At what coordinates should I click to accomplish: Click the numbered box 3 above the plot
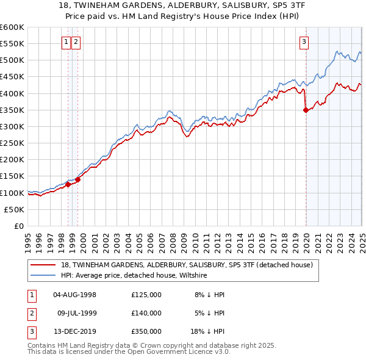pos(304,42)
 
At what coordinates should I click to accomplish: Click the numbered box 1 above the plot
pos(66,42)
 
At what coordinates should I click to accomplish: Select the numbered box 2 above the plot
pos(76,42)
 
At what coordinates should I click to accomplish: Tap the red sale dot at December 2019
pos(306,110)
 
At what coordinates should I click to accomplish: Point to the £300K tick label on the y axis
pos(12,126)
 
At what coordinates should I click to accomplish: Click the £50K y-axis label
pos(15,209)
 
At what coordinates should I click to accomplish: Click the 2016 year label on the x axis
pos(262,238)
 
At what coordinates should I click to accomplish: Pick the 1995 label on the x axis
pos(28,238)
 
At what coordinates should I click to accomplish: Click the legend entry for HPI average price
pos(134,275)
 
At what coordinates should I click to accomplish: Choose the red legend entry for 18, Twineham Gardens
pos(187,265)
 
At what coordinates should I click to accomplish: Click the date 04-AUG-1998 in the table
pos(75,295)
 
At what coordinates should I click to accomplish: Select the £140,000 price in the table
pos(146,313)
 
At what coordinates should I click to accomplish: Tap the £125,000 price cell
pos(146,295)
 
